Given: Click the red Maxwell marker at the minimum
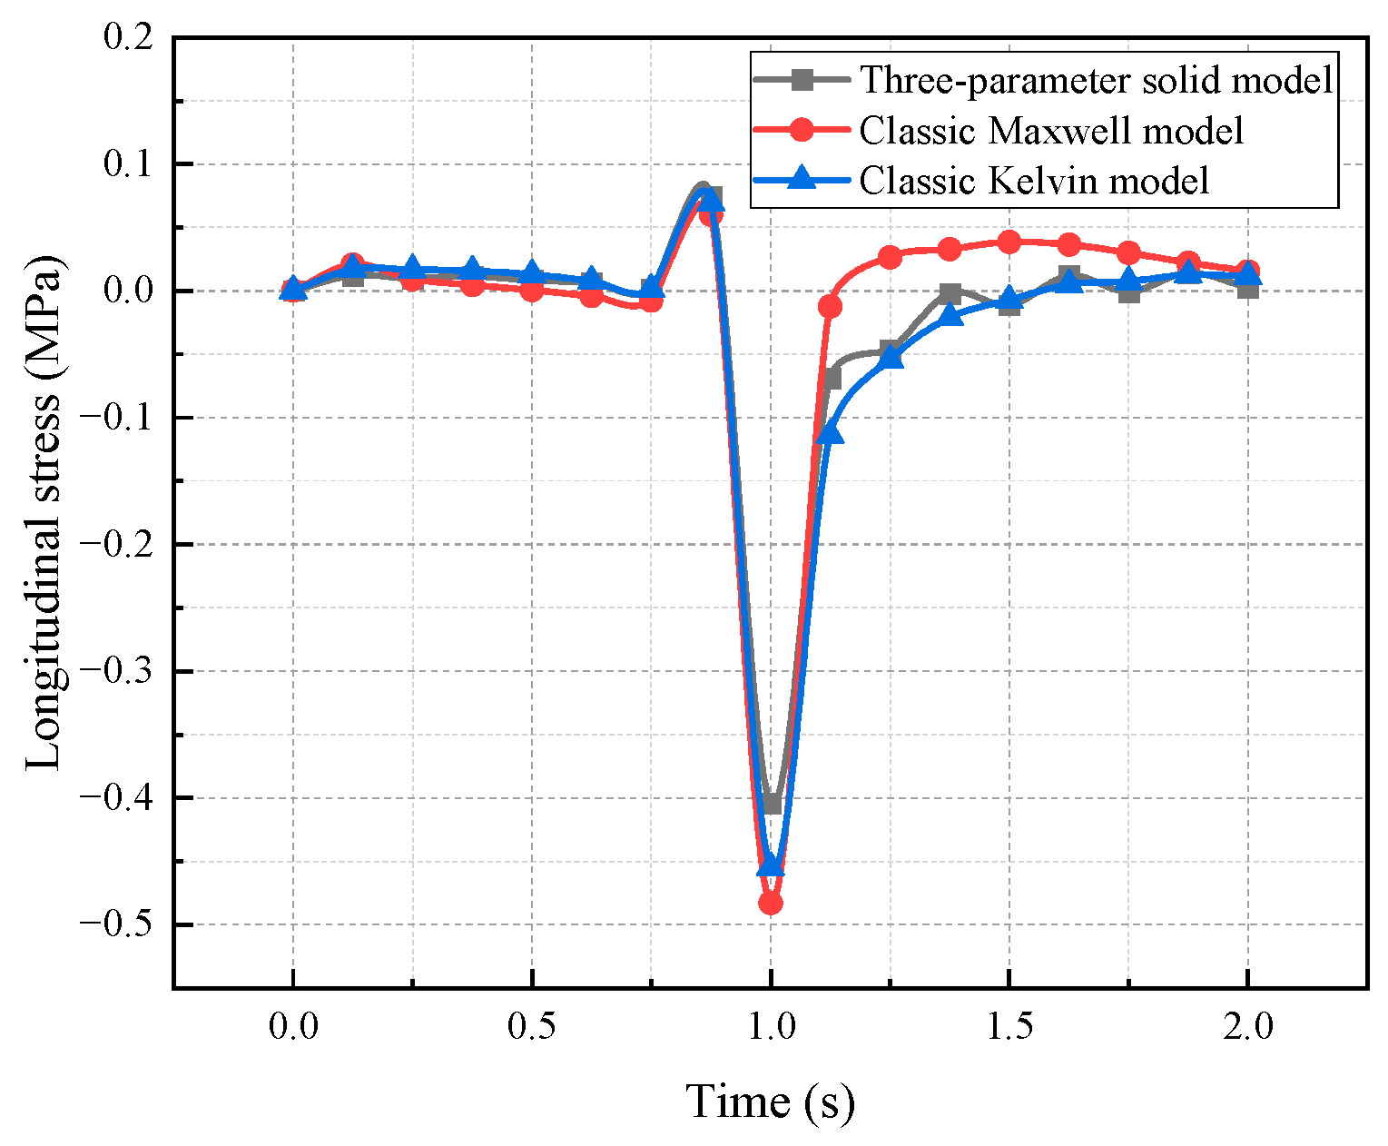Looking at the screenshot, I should coord(771,904).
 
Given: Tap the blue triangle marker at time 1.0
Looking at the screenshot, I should coord(771,864).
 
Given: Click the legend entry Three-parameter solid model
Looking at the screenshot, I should coord(1097,80).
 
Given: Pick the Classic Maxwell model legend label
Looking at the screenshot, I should coord(1051,131).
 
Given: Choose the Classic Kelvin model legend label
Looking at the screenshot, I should coord(1034,181).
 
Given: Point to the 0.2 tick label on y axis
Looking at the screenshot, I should coord(129,38).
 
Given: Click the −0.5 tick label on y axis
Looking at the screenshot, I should coord(116,925).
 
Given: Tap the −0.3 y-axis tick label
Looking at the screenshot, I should coord(116,672).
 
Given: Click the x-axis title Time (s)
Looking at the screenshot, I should coord(770,1102).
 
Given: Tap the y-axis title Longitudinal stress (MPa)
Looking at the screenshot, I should coord(44,513).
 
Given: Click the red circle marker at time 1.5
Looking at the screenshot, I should coord(1009,242).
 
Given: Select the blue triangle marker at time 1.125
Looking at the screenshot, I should coord(831,434).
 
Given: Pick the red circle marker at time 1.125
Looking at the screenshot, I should coord(830,307).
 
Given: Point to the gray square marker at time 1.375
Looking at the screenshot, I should coord(950,293).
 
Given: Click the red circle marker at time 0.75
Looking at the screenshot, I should coord(651,301).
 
